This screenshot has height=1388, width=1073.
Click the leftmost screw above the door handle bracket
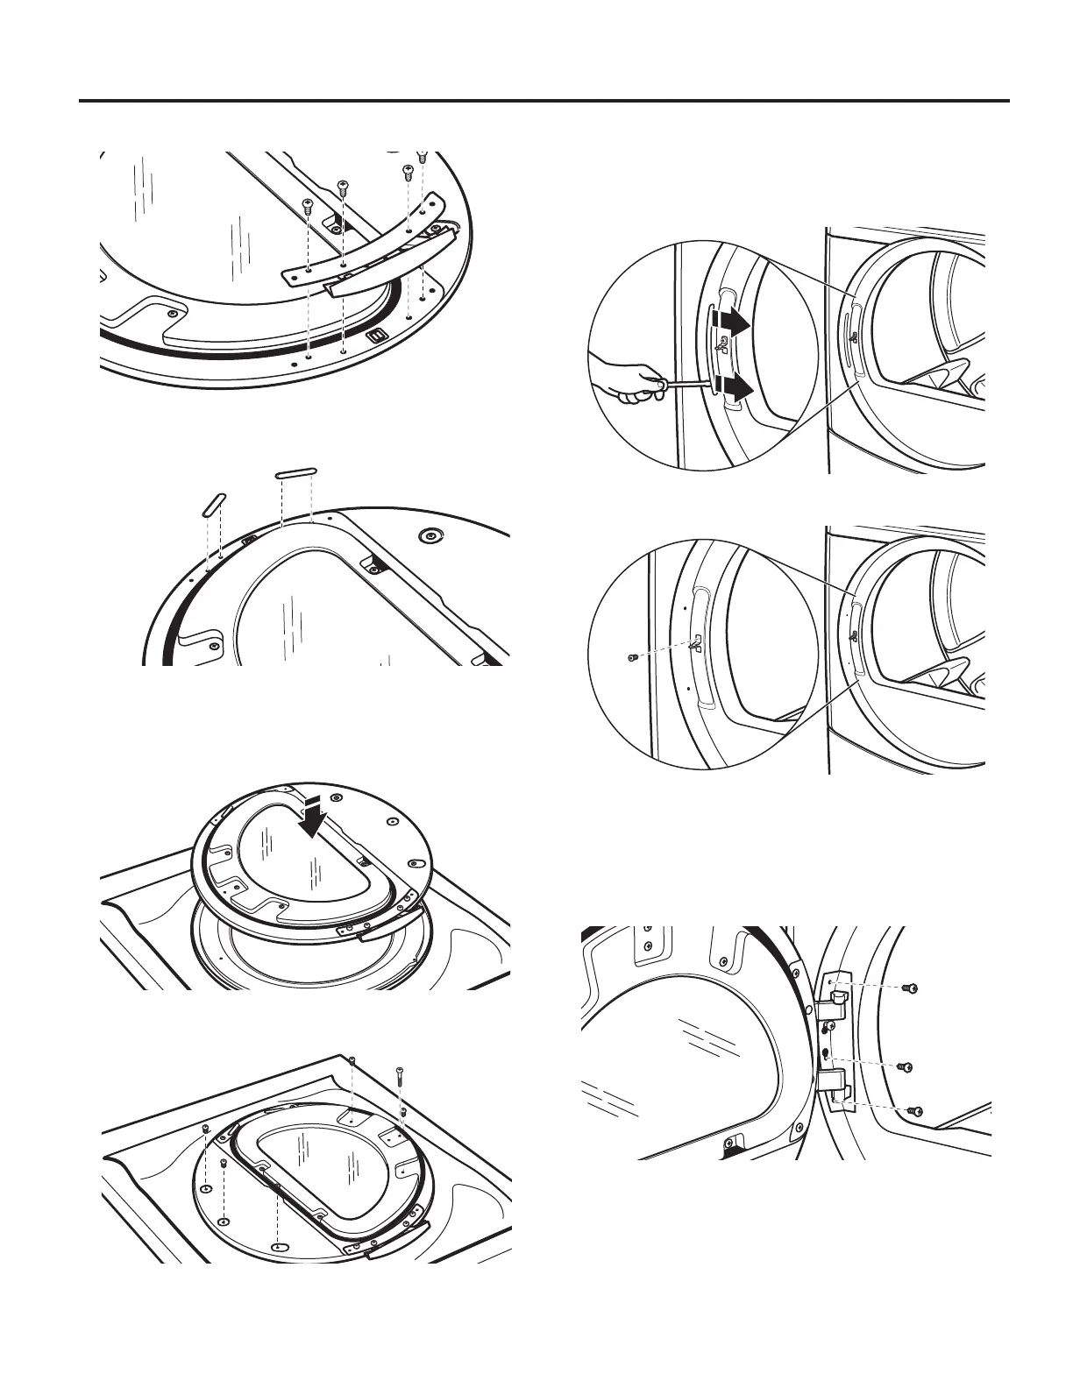[x=308, y=207]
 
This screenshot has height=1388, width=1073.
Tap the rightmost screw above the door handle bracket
[x=422, y=159]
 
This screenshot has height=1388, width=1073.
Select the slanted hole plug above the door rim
[x=213, y=506]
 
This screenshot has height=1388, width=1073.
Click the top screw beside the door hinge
[x=911, y=988]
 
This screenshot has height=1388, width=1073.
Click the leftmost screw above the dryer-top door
[x=204, y=1128]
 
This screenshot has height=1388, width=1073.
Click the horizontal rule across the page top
[x=544, y=101]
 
